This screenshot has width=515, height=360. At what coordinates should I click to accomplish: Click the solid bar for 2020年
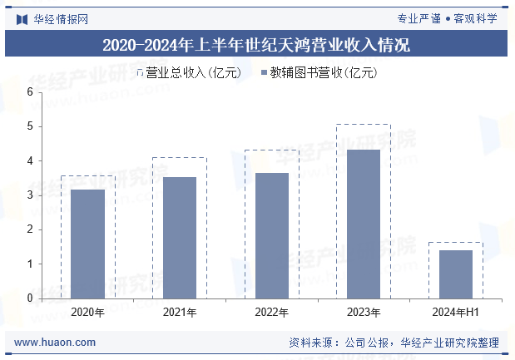[87, 244]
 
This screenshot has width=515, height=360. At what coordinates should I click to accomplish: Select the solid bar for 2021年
[180, 237]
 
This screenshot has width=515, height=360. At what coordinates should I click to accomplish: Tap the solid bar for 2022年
[271, 235]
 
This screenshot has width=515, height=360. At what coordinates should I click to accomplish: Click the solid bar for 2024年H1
[455, 274]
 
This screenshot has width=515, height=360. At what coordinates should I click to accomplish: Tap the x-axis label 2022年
[271, 313]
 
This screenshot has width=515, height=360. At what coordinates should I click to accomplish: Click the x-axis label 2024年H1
[455, 313]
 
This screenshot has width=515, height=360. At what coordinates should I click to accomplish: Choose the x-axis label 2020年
[87, 313]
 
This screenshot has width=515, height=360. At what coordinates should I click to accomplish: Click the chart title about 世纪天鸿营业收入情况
[256, 45]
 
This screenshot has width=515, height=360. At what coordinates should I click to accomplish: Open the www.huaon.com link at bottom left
[55, 342]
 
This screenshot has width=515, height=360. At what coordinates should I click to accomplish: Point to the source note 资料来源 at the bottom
[394, 342]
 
